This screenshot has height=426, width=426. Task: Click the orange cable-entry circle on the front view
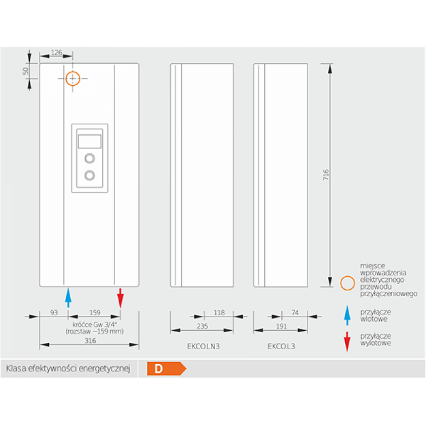coord(72,79)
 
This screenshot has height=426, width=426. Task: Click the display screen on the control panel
coord(89,141)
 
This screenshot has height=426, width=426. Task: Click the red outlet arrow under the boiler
coord(120,297)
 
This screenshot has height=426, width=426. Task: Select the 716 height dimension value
coord(326,175)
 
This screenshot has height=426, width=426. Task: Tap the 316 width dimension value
coord(91,341)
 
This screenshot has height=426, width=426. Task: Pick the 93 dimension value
coord(54,313)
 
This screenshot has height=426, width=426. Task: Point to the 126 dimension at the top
coord(56,53)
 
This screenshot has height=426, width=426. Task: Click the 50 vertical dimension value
coord(25,71)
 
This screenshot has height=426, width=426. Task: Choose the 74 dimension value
coord(296,313)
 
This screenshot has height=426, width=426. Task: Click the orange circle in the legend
coord(347,283)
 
